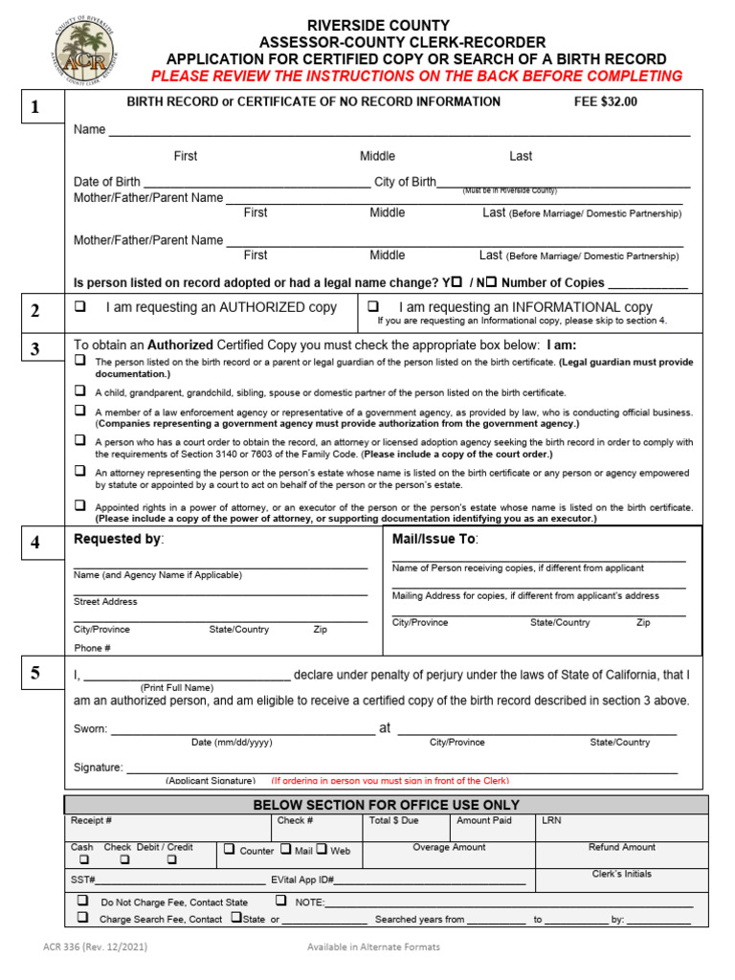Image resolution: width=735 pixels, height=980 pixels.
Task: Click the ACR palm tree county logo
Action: coord(83,55)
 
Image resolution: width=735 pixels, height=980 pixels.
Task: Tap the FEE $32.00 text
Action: coord(604,101)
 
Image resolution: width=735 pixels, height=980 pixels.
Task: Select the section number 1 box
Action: coord(35,107)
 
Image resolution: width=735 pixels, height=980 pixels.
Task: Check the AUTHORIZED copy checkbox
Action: coord(80,307)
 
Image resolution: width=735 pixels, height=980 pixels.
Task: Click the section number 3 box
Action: coord(35,348)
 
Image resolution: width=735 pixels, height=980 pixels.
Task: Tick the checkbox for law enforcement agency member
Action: coord(80,411)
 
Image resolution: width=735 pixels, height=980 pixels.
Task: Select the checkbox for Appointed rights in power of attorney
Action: coord(80,505)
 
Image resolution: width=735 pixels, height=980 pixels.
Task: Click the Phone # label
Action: coord(92,648)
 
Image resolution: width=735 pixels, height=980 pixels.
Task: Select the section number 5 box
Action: coord(35,673)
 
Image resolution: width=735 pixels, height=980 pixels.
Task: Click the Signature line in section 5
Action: coord(402,768)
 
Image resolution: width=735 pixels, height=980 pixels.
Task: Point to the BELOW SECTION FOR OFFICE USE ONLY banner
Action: coord(386,805)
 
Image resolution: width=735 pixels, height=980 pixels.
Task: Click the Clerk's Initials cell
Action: coord(621,875)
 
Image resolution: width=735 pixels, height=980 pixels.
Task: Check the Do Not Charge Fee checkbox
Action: coord(82,901)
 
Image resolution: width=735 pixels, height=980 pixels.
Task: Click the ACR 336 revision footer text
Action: coord(95,947)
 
